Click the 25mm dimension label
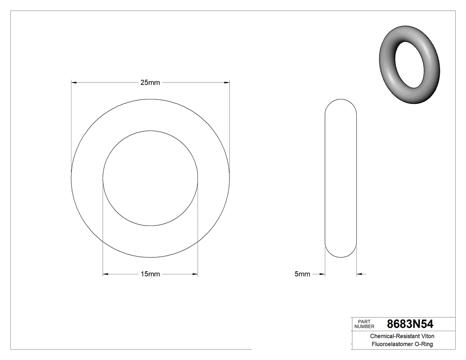point(150,82)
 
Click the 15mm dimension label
point(150,274)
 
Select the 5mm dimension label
point(302,274)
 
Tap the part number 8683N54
point(410,324)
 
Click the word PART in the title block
point(364,321)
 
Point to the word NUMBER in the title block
point(364,326)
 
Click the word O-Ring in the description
point(424,344)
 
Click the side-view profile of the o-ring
point(341,178)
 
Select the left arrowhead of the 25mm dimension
point(74,82)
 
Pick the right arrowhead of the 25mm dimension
point(226,82)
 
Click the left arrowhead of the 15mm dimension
point(106,274)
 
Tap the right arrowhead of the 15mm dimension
point(195,274)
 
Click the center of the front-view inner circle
point(150,178)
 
